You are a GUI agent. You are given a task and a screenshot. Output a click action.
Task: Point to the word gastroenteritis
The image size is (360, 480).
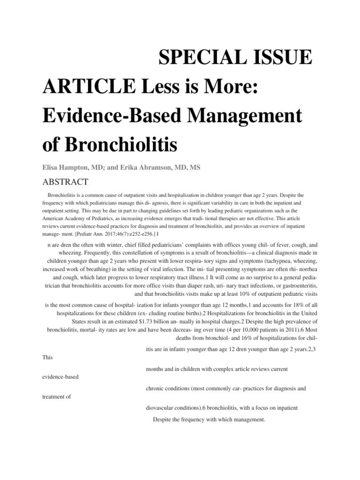[x=298, y=285]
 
